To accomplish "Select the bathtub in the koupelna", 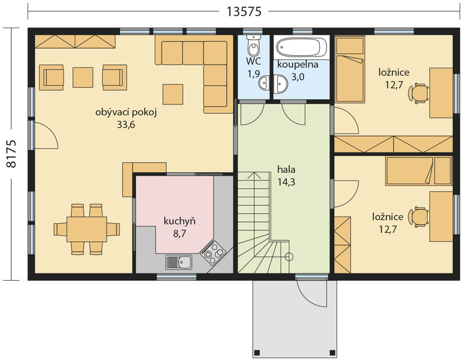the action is pos(302,47).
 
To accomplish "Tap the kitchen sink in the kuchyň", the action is pos(179,262).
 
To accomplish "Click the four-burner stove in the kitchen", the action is pos(214,252).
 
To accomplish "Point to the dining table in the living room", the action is pos(86,229).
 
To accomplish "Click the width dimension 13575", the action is pos(244,11).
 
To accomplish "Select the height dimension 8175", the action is pos(11,154).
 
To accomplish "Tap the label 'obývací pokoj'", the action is pos(126,113).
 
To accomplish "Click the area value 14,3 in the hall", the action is pos(286,182).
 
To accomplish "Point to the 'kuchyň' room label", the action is pos(179,221).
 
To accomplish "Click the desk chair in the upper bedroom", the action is pos(418,94).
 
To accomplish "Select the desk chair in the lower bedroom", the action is pos(418,217).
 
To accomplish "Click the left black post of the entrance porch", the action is pos(257,353).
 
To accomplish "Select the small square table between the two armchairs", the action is pos(83,77).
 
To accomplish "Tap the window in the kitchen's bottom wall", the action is pos(176,277).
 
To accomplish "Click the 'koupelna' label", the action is pos(298,65).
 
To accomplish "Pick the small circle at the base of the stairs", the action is pos(289,257).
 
